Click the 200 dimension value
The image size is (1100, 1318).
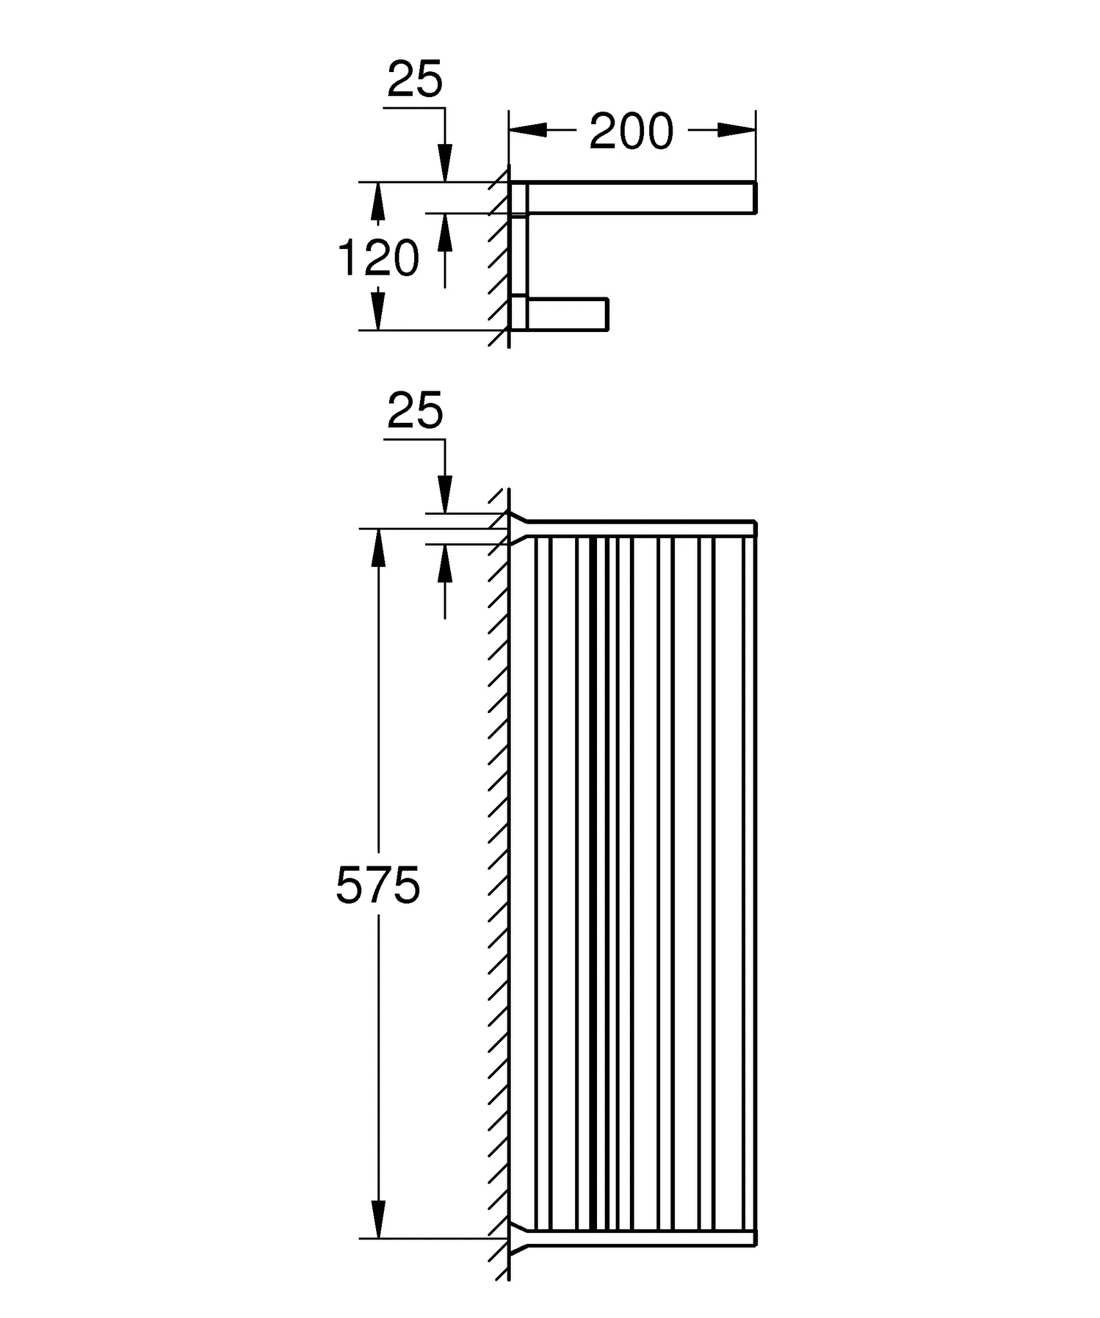click(x=631, y=132)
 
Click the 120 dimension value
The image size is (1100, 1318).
click(x=379, y=258)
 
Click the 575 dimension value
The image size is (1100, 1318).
click(x=378, y=886)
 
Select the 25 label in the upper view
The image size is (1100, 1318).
click(x=415, y=80)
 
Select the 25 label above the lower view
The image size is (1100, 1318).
click(x=415, y=411)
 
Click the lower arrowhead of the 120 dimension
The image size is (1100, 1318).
click(x=379, y=311)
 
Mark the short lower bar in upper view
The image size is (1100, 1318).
click(x=567, y=314)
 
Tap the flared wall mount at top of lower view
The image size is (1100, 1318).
click(x=519, y=528)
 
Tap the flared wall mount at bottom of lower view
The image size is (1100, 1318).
click(x=519, y=1237)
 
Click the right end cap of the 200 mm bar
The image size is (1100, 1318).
click(x=755, y=198)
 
